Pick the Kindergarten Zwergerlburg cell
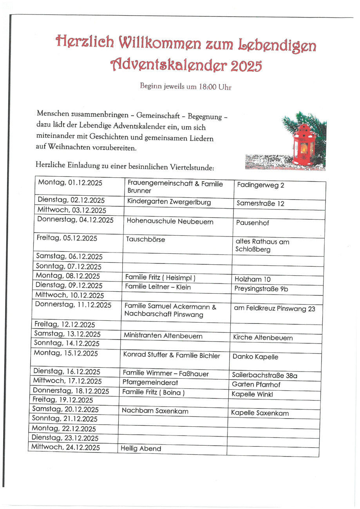pyautogui.click(x=169, y=202)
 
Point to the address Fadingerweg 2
pyautogui.click(x=261, y=185)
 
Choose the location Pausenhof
pyautogui.click(x=253, y=223)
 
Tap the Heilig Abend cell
pyautogui.click(x=141, y=449)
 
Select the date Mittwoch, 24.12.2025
pyautogui.click(x=65, y=447)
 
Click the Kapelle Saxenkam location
pyautogui.click(x=260, y=413)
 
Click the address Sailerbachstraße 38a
pyautogui.click(x=265, y=375)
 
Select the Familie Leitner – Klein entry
pyautogui.click(x=158, y=287)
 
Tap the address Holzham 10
pyautogui.click(x=252, y=279)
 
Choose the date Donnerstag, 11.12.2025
pyautogui.click(x=73, y=304)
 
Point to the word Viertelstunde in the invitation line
pyautogui.click(x=188, y=166)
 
